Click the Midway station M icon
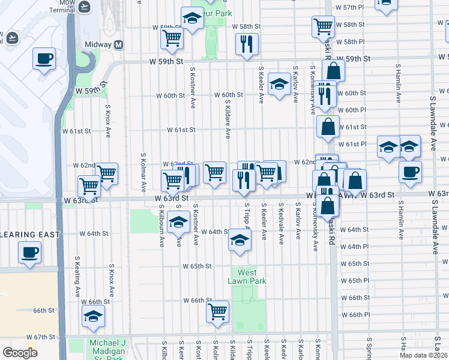point(118,45)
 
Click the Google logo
point(20,353)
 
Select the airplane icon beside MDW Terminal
point(84,7)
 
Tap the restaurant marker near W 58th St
point(247,44)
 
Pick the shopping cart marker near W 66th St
point(217,311)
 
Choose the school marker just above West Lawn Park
point(240,241)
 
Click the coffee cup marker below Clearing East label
point(29,253)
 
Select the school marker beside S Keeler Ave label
point(279,84)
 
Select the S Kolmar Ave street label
point(143,174)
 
